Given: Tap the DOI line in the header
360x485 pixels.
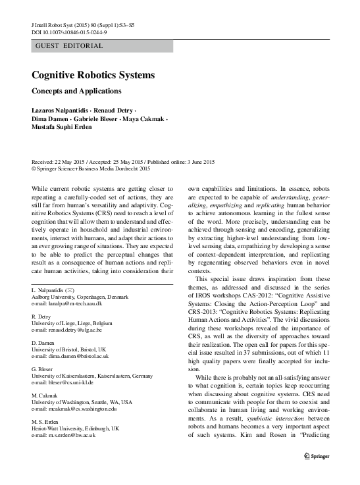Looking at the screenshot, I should tap(68, 30).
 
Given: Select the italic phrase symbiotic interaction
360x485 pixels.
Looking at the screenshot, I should tap(255, 426).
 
